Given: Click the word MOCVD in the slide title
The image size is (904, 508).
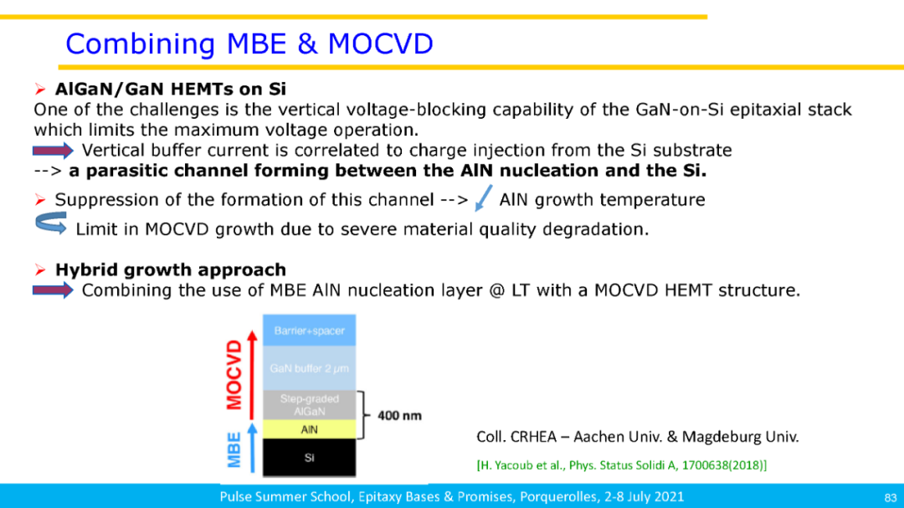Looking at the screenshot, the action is pos(381,44).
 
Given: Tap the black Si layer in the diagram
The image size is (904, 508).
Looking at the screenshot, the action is pos(309,457).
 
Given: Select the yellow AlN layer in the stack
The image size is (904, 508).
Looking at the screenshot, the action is pos(309,429).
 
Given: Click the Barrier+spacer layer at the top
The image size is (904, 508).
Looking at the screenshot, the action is pos(309,331).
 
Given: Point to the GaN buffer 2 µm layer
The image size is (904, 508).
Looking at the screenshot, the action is pos(309,368).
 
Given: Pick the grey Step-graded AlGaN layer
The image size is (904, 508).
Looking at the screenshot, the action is pos(309,405).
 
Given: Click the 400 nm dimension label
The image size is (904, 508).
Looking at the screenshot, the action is pos(399,415).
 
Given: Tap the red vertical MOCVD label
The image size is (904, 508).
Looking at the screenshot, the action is pos(234,375).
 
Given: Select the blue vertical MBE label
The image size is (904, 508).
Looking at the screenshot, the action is pos(234,450).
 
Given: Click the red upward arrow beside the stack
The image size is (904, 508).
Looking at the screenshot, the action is pos(251,375).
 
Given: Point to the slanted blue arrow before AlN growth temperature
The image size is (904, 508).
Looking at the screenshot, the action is pos(483,198).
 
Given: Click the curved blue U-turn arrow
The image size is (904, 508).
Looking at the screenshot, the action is pos(51,223).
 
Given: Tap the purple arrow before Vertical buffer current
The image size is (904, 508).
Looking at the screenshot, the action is pos(53,151).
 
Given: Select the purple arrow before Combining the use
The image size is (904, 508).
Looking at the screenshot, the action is pos(53,290).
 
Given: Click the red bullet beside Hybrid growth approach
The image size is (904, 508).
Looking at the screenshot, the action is pos(40,269).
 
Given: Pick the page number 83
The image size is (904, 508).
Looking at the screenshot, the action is pos(890,498).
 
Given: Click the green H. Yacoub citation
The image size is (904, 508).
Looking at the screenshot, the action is pos(621,465).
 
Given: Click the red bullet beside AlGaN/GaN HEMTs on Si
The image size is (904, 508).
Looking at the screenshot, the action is pos(40,90).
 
